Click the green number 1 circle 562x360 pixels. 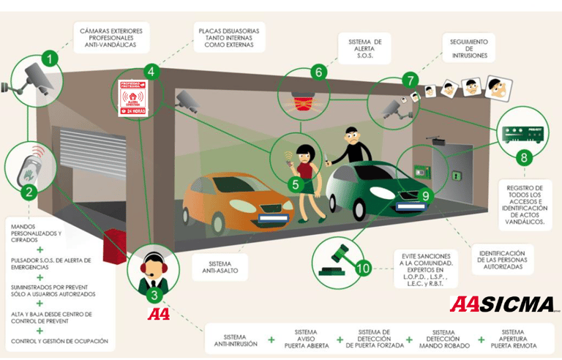(50, 58)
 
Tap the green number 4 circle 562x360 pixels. (151, 72)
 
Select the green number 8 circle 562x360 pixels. (522, 157)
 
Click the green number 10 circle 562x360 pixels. (364, 267)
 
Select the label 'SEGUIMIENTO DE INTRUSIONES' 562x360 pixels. (468, 47)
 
